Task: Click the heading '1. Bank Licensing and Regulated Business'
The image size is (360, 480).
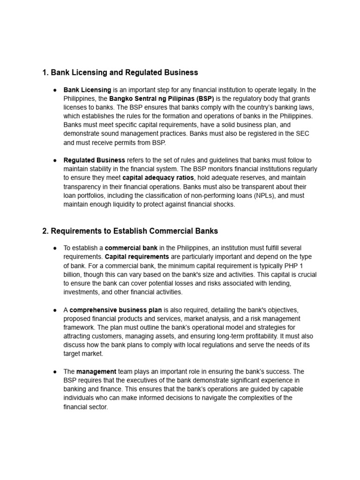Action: pyautogui.click(x=120, y=73)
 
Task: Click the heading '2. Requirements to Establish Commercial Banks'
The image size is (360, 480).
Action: pyautogui.click(x=130, y=231)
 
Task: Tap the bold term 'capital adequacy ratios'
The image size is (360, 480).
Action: pyautogui.click(x=158, y=178)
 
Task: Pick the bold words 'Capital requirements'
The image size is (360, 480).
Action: pyautogui.click(x=137, y=257)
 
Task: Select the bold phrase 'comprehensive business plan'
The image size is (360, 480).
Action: pyautogui.click(x=116, y=310)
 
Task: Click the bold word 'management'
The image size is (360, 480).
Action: pyautogui.click(x=96, y=371)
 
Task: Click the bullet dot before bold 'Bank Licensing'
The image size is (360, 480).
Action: pyautogui.click(x=55, y=90)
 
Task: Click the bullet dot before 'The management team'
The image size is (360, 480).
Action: pyautogui.click(x=55, y=371)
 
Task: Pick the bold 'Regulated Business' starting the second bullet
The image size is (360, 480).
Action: pyautogui.click(x=94, y=160)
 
